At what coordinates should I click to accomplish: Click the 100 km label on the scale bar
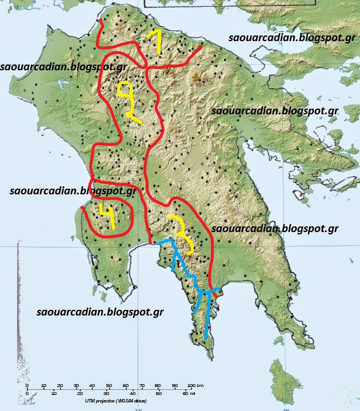195,385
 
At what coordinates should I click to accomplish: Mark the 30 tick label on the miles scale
106,393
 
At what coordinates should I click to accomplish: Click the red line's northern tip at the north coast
101,21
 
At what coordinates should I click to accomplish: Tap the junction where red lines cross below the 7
147,67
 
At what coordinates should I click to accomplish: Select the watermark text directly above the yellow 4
73,190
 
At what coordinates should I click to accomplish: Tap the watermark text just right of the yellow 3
274,229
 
